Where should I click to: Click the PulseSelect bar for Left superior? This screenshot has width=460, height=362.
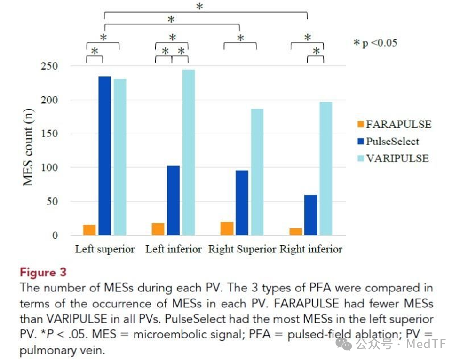[x=105, y=156]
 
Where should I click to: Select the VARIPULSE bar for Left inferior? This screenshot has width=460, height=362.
[x=189, y=152]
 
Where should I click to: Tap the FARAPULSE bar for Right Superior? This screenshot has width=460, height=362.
[x=227, y=228]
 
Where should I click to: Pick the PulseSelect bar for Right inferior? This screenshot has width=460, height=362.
[x=311, y=215]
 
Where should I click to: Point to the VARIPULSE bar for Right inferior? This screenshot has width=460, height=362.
[x=326, y=169]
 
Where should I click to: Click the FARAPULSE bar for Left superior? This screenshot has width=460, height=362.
[x=89, y=230]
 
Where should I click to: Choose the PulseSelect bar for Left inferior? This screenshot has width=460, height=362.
[x=174, y=200]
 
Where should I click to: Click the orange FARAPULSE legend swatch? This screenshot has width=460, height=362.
[x=361, y=124]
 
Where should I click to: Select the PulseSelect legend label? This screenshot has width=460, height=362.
[x=393, y=142]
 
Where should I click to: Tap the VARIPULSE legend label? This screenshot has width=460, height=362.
[x=397, y=158]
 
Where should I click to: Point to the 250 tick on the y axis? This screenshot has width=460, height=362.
[x=49, y=66]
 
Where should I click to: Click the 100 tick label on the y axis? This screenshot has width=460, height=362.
[x=49, y=167]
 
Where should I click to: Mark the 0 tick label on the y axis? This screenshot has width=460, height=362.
[x=55, y=236]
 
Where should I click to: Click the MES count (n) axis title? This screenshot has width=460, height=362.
[x=28, y=147]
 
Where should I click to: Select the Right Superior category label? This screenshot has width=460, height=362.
[x=242, y=249]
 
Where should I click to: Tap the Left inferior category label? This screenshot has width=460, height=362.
[x=174, y=249]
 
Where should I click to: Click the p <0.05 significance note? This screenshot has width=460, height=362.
[x=375, y=43]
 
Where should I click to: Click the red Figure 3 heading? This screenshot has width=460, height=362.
[x=43, y=272]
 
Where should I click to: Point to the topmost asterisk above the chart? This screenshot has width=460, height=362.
[x=199, y=6]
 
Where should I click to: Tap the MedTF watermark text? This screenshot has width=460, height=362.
[x=426, y=344]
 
